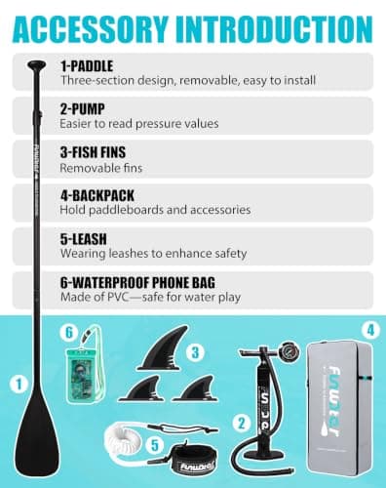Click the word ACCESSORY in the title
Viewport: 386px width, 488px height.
click(x=92, y=28)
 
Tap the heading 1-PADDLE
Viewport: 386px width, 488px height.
click(x=87, y=66)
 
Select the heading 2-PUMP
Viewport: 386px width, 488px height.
click(x=82, y=109)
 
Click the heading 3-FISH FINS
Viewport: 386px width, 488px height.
click(x=93, y=152)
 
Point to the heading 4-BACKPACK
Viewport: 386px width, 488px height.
click(x=97, y=195)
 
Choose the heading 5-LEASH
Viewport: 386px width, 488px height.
click(x=84, y=239)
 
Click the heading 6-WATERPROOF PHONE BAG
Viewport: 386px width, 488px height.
click(x=137, y=282)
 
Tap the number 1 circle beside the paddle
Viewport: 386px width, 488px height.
click(x=19, y=385)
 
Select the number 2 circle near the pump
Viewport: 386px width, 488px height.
click(x=242, y=424)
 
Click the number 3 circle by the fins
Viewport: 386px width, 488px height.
click(x=195, y=352)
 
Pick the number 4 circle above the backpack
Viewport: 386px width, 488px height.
click(x=370, y=330)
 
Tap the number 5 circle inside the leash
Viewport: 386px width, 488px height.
click(x=155, y=445)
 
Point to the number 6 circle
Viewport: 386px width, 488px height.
click(x=69, y=333)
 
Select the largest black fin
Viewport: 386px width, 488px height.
click(x=163, y=349)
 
